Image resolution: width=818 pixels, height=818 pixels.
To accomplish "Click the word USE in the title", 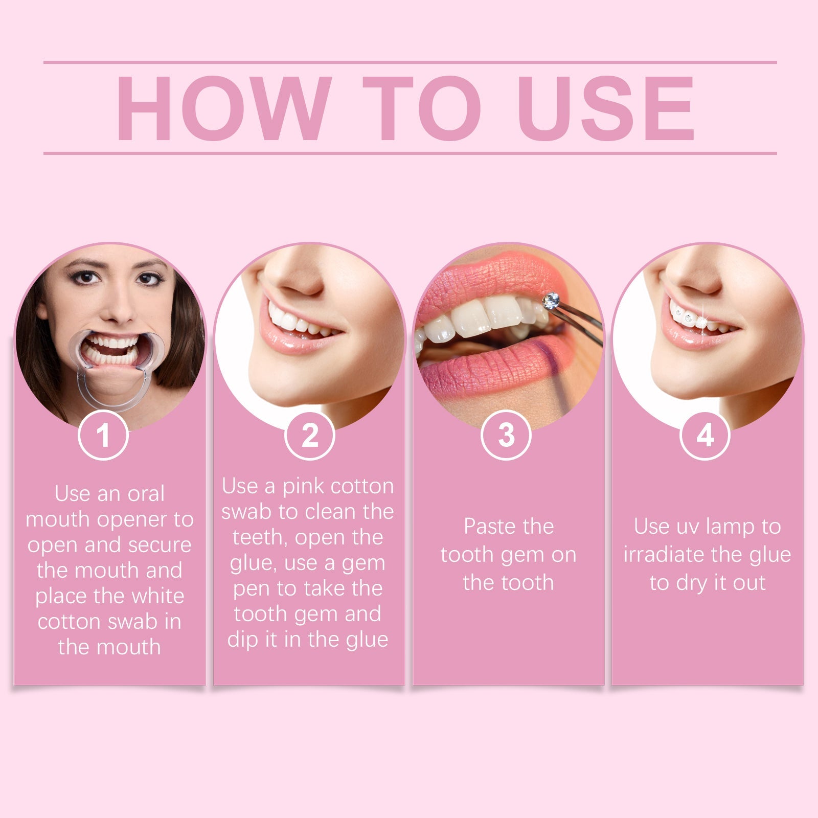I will (x=605, y=108).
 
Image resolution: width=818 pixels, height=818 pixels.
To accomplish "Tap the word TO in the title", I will (x=422, y=108).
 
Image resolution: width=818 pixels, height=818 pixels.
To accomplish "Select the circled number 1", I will (x=103, y=435).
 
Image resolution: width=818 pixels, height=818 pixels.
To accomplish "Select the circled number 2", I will (x=309, y=435).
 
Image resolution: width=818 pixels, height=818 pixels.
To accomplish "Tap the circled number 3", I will (x=506, y=435).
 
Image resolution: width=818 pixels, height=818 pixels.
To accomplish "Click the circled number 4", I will (x=705, y=435).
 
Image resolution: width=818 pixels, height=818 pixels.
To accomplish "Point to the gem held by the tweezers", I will (x=551, y=300).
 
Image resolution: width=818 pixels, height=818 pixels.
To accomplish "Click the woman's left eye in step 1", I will (x=148, y=279).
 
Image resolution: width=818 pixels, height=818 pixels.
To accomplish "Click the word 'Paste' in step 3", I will (x=486, y=527).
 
